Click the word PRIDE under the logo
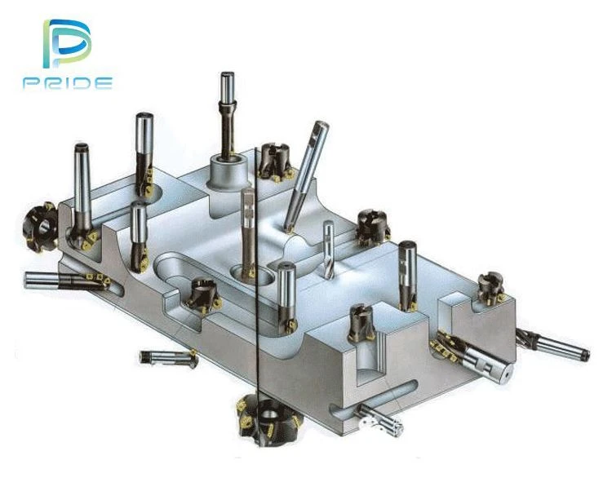pyautogui.click(x=68, y=83)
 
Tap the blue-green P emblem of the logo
pyautogui.click(x=66, y=43)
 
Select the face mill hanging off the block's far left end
pyautogui.click(x=40, y=228)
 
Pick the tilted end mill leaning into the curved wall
pyautogui.click(x=306, y=177)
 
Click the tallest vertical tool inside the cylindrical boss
pyautogui.click(x=227, y=116)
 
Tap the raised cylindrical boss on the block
pyautogui.click(x=228, y=171)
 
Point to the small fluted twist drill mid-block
pyautogui.click(x=328, y=250)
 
